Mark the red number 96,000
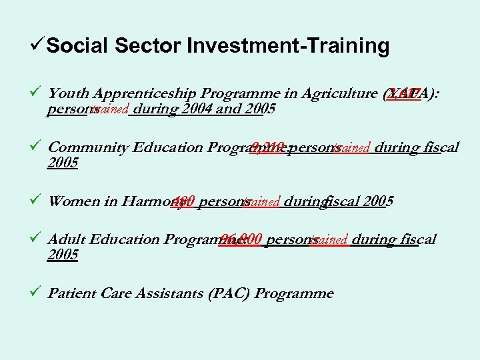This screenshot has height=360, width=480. click(x=240, y=239)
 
